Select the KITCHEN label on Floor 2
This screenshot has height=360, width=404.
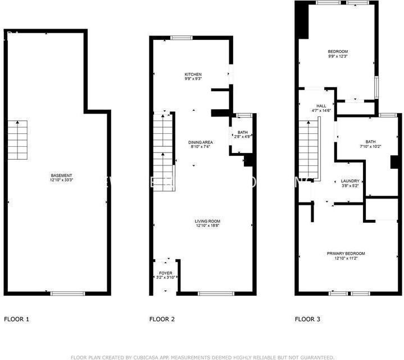click(x=193, y=74)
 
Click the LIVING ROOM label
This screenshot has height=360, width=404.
click(x=207, y=221)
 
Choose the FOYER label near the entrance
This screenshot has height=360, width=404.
click(x=165, y=273)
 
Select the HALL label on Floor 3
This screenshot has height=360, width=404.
click(x=321, y=106)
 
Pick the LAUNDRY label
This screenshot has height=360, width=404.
click(x=350, y=181)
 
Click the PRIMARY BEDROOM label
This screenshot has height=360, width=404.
click(x=346, y=253)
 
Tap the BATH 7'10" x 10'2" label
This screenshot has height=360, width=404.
click(x=370, y=142)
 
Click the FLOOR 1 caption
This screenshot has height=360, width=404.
click(x=17, y=319)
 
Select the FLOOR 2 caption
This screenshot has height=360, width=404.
click(x=162, y=319)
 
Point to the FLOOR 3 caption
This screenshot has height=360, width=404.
click(x=307, y=319)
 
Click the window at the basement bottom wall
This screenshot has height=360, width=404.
click(x=68, y=293)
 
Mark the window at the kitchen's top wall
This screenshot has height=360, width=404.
click(x=182, y=38)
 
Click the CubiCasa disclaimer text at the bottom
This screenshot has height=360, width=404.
click(x=202, y=357)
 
